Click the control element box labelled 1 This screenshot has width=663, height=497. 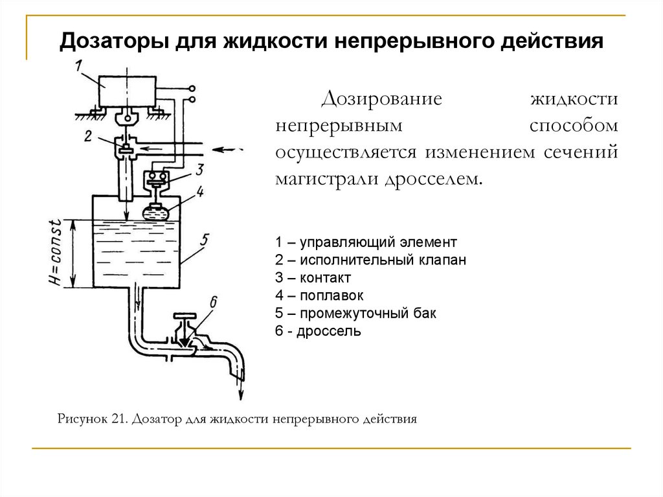[128, 91]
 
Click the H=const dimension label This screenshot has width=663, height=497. [56, 253]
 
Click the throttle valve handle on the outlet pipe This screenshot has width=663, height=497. [186, 317]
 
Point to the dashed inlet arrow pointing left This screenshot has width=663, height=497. [228, 149]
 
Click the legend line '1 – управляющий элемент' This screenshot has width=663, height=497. [366, 242]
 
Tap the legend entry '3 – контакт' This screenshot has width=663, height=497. [313, 278]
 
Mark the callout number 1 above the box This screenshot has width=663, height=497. [78, 65]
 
